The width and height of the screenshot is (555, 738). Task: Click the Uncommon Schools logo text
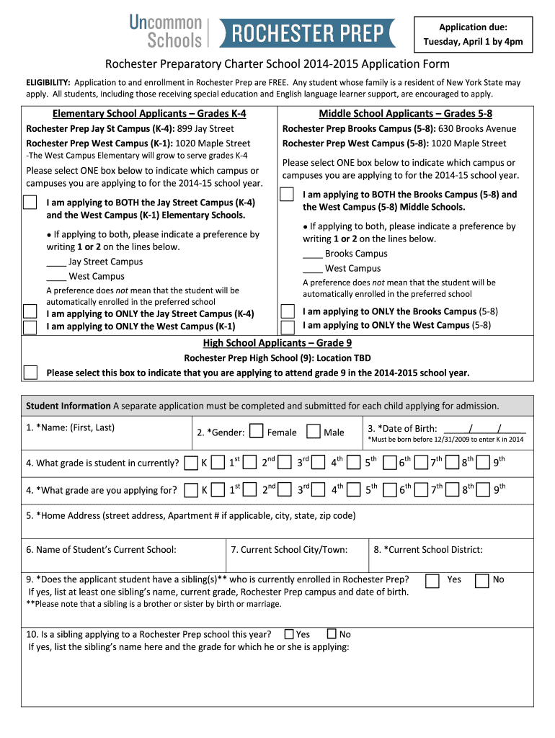click(166, 32)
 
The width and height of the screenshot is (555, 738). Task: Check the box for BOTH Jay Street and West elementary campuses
click(30, 202)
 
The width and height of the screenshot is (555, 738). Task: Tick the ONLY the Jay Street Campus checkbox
click(30, 311)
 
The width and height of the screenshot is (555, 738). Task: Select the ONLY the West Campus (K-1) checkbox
click(30, 326)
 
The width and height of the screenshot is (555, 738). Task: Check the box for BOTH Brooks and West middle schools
click(287, 195)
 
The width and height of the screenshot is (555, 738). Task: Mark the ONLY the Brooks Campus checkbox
click(287, 311)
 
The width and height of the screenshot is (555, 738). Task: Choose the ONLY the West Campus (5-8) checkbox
click(287, 326)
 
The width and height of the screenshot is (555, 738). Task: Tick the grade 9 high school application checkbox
click(30, 373)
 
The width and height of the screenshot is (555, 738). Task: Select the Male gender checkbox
click(313, 432)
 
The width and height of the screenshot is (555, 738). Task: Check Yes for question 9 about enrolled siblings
click(432, 580)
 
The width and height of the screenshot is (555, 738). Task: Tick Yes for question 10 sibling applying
click(288, 634)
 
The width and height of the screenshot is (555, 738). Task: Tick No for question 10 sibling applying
click(332, 634)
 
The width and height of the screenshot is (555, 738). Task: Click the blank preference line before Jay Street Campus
click(56, 263)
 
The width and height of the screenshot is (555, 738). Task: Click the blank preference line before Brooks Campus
click(313, 254)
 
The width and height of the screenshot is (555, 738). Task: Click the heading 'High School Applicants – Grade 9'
click(277, 343)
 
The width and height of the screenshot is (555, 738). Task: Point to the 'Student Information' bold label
click(68, 406)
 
